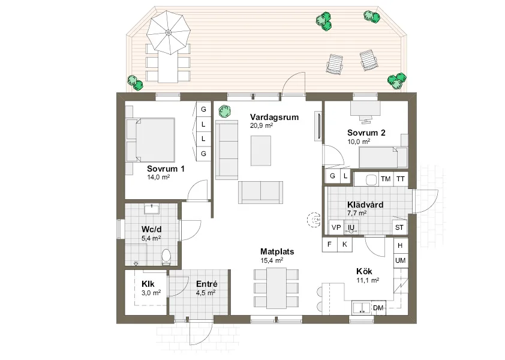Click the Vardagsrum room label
274,118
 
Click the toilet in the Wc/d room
167,257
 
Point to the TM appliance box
386,179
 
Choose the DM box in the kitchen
378,308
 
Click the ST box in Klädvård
399,227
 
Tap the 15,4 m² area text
272,261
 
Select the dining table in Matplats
276,288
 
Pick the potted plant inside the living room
224,112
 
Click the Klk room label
148,284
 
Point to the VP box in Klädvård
336,227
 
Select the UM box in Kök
400,260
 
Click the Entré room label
206,284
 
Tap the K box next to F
344,244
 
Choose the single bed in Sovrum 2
378,158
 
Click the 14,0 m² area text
158,178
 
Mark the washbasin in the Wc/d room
152,209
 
